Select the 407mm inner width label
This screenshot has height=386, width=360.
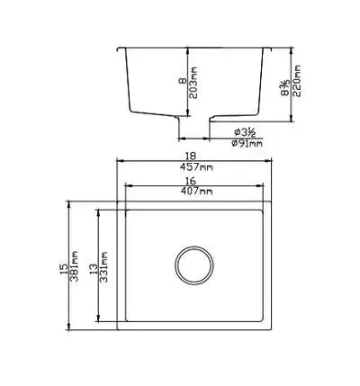[195, 192]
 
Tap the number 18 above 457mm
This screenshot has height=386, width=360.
[195, 156]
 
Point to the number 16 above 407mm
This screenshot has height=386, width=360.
[195, 181]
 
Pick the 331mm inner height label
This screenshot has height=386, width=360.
[106, 267]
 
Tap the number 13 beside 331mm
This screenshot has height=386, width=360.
[94, 267]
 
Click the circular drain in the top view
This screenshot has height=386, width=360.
[195, 266]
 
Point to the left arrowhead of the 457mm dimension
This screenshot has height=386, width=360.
[119, 163]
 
